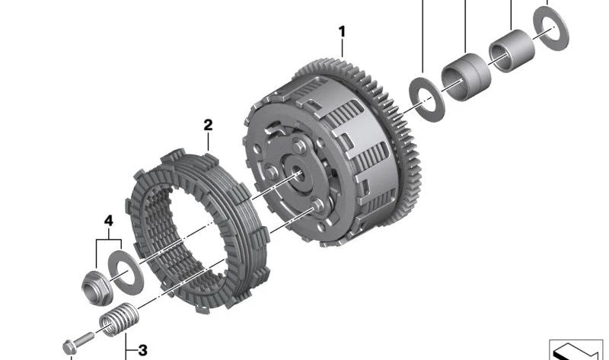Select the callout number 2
pyautogui.click(x=207, y=124)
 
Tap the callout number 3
pyautogui.click(x=142, y=350)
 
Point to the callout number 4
pyautogui.click(x=108, y=221)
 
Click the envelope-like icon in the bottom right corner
pyautogui.click(x=576, y=349)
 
